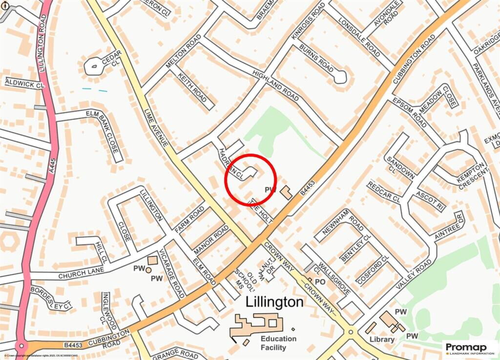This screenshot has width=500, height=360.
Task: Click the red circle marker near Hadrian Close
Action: click(x=250, y=179)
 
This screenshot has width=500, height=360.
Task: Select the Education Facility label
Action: click(x=278, y=343)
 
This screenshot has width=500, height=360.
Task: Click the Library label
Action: click(x=382, y=339)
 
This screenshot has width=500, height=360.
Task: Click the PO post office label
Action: click(x=320, y=282)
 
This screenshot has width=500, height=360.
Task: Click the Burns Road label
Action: click(x=316, y=58)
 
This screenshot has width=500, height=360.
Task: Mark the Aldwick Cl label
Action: click(x=24, y=84)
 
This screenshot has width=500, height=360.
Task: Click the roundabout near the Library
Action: click(x=350, y=333)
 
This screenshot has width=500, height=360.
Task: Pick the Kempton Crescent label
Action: click(x=472, y=174)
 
